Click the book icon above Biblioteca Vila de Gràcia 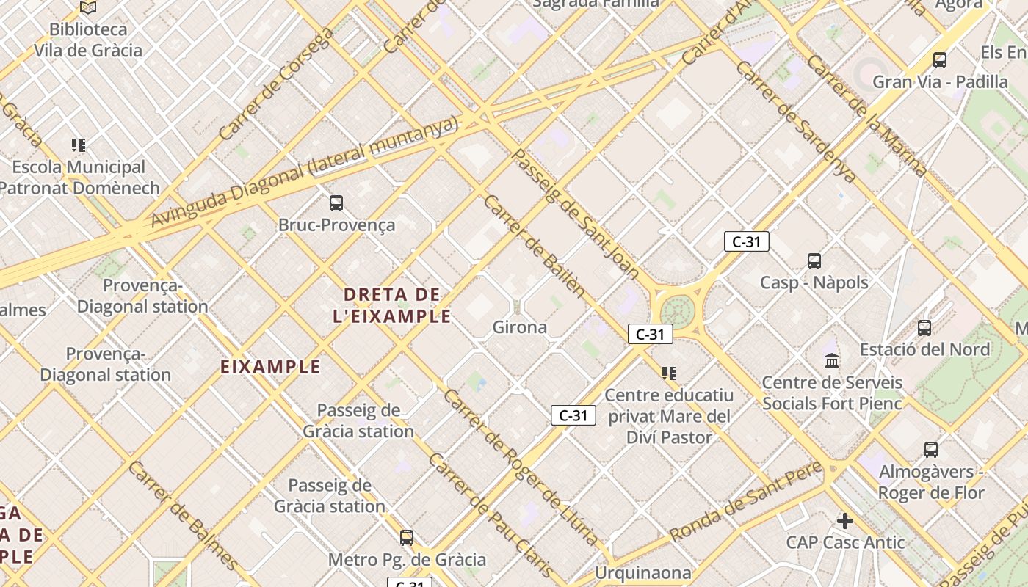click(88, 7)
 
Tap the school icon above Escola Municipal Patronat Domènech click(79, 145)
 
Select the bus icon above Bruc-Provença click(336, 203)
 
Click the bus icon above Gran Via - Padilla click(939, 60)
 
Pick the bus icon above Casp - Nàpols click(814, 261)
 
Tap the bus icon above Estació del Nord click(924, 328)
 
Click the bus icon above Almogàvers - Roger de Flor click(930, 450)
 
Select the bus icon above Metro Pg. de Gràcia click(406, 538)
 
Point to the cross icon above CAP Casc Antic click(845, 521)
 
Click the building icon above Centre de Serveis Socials click(832, 360)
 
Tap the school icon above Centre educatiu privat click(668, 373)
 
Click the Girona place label click(520, 327)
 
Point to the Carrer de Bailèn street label click(534, 246)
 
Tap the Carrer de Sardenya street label click(795, 122)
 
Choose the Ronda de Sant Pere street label click(745, 501)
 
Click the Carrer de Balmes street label click(183, 515)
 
